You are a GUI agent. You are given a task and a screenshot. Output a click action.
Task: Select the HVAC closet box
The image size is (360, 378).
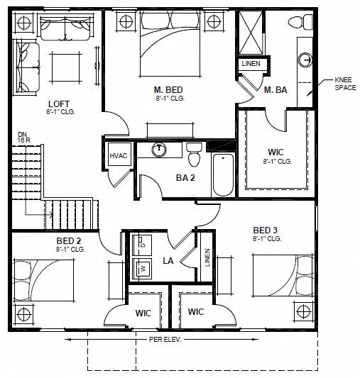point(118,157)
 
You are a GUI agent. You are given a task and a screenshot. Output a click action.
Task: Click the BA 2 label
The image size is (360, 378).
point(186,177)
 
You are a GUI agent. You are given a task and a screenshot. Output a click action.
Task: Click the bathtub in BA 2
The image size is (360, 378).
point(222,174)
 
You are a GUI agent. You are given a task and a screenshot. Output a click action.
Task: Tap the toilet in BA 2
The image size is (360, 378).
point(193,150)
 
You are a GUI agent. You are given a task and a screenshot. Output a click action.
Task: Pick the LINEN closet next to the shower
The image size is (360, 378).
point(251,64)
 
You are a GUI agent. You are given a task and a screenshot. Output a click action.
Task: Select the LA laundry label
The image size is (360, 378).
point(169,261)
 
